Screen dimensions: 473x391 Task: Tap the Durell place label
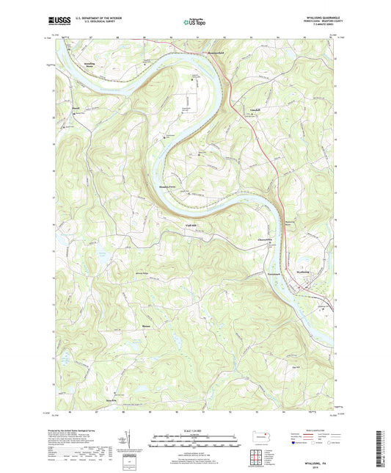(75, 112)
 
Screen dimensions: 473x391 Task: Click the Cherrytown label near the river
(266, 240)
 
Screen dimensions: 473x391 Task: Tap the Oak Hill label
(297, 367)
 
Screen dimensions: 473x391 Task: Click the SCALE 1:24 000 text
(195, 430)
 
